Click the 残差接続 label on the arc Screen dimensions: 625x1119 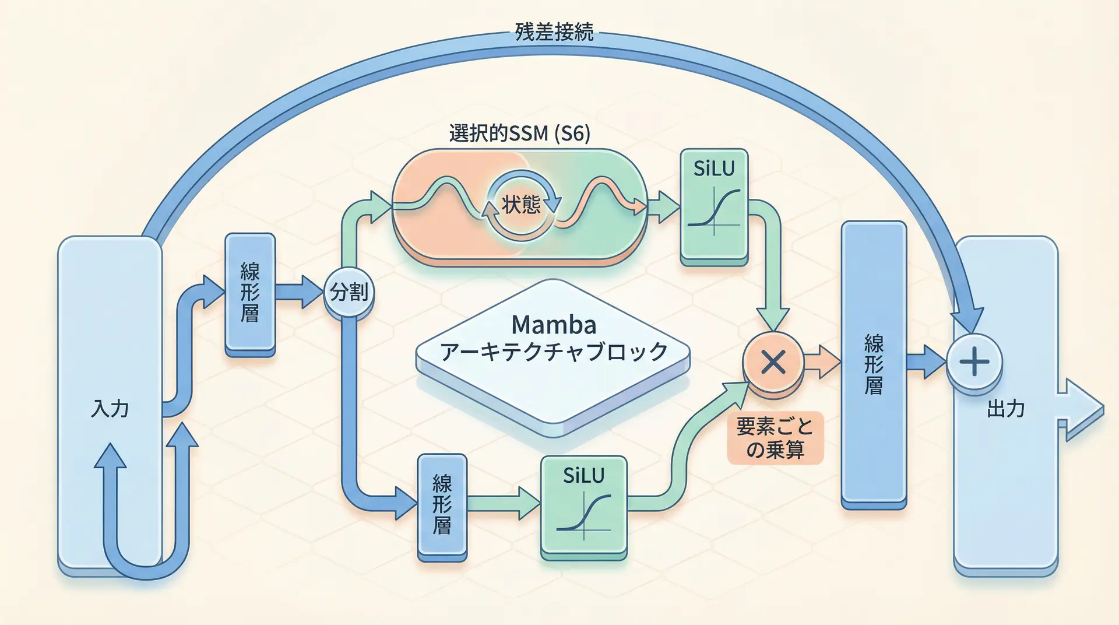pos(554,31)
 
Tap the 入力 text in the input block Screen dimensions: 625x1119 pos(110,409)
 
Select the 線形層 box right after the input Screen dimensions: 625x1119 pos(250,293)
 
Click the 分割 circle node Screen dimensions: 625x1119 pos(349,292)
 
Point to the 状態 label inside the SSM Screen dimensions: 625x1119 pos(521,205)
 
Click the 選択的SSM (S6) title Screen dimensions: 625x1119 pos(519,134)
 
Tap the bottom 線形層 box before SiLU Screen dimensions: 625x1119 pos(442,506)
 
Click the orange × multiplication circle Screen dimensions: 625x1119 pos(773,363)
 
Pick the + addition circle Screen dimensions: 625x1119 pos(974,362)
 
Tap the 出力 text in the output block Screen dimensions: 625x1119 pos(1005,409)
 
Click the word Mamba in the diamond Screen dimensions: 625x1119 pos(554,325)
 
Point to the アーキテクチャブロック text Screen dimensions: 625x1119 pos(554,352)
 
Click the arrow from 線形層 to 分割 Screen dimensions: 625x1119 pos(298,292)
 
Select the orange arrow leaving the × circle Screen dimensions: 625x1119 pos(822,362)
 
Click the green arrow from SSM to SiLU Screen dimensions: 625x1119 pos(663,206)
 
